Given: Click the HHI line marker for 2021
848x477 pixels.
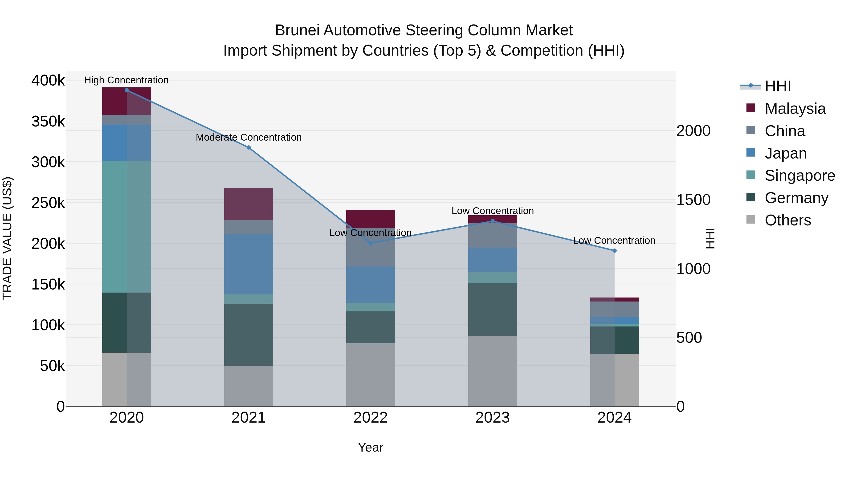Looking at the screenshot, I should pos(249,147).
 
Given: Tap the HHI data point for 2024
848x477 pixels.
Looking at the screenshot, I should pos(614,251).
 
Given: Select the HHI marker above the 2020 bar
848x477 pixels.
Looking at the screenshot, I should pos(127,90).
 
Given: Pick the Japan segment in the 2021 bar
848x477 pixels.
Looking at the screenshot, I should pos(249,264).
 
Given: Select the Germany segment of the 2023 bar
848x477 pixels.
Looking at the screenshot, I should pos(493,310).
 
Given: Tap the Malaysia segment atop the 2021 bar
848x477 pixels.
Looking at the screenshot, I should pos(249,204).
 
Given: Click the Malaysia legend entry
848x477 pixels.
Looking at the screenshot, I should pos(795,109).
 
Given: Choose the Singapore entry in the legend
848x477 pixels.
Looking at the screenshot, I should pos(799,175).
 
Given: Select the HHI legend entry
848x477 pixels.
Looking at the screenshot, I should pos(778,86).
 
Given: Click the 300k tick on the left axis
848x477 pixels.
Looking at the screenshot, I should pos(48,162).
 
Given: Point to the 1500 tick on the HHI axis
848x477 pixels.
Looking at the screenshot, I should pos(693,200).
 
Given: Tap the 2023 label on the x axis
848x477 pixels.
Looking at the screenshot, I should pos(493,418).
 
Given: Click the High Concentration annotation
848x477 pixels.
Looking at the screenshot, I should pos(126,80).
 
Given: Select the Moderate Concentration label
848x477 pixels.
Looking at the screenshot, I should pos(249,137).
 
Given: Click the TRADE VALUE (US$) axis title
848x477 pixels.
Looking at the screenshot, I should pos(8,238).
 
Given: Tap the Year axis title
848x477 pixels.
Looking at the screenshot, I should pos(370,447).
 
